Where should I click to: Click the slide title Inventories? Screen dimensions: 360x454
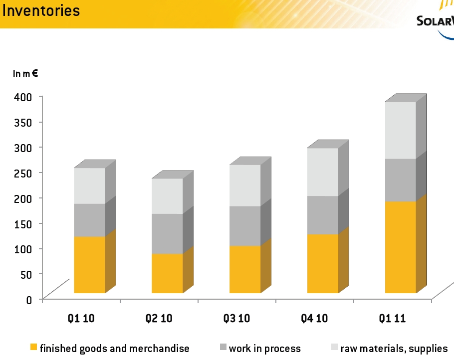[x=41, y=10]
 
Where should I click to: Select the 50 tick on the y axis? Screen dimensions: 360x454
[x=26, y=274]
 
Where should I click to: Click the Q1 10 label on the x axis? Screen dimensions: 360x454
[x=81, y=319]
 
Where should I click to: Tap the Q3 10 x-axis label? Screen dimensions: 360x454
[x=236, y=319]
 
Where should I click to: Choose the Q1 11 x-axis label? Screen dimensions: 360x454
[x=392, y=319]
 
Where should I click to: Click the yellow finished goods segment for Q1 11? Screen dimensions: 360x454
[x=400, y=247]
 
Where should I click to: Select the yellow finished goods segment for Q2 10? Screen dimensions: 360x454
[x=167, y=273]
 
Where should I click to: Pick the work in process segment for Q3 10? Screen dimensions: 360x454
[x=245, y=225]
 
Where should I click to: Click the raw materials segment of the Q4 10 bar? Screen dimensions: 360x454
[x=323, y=172]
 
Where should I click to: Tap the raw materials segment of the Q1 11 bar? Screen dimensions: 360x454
[x=400, y=130]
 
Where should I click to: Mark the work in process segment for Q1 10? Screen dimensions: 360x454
[x=89, y=220]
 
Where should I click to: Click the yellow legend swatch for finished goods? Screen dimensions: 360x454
[x=34, y=347]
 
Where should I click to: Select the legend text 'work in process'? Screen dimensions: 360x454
[x=264, y=349]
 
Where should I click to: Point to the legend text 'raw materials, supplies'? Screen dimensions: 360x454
[x=394, y=349]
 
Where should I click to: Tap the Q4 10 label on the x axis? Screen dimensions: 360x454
[x=314, y=319]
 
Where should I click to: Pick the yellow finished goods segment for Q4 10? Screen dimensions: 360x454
[x=323, y=263]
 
